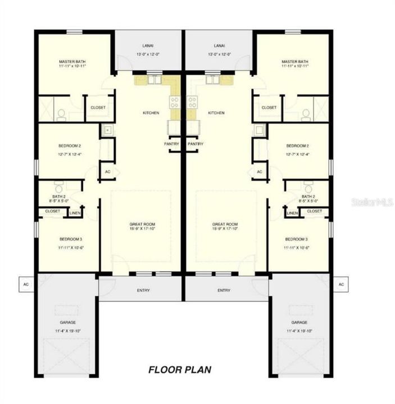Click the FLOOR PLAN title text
pyautogui.click(x=180, y=370)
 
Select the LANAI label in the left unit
pyautogui.click(x=149, y=46)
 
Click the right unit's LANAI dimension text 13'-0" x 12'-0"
pyautogui.click(x=219, y=54)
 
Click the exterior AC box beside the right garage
pyautogui.click(x=341, y=284)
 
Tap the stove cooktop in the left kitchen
pyautogui.click(x=175, y=102)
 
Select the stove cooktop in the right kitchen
pyautogui.click(x=192, y=102)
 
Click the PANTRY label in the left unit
pyautogui.click(x=171, y=144)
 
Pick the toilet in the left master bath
pyautogui.click(x=61, y=114)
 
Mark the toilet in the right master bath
pyautogui.click(x=306, y=114)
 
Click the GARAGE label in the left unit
pyautogui.click(x=68, y=323)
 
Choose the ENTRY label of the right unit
pyautogui.click(x=224, y=290)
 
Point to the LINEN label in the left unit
pyautogui.click(x=75, y=213)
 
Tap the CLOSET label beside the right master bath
pyautogui.click(x=269, y=107)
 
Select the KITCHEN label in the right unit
pyautogui.click(x=216, y=113)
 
